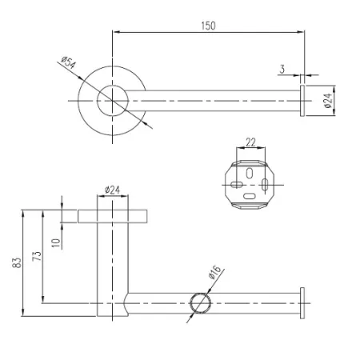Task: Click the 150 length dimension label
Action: coord(208,26)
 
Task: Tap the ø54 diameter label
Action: coord(69,63)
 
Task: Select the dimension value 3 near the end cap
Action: coord(282,69)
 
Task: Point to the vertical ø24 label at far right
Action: coord(329,101)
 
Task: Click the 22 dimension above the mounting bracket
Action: coord(250,142)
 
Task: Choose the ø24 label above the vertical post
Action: coord(112,190)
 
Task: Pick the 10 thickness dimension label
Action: coord(56,242)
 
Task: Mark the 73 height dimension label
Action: coord(37,256)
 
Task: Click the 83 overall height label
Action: coord(17,262)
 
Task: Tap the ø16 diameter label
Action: coord(215,272)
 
